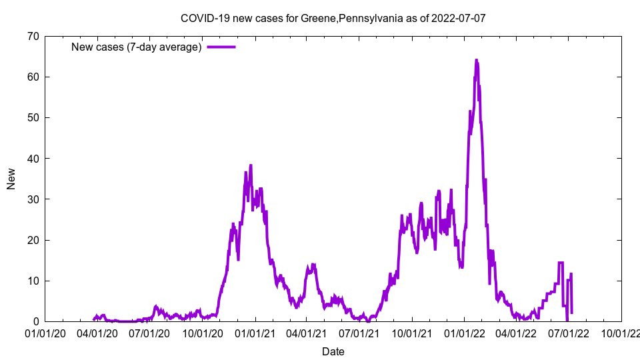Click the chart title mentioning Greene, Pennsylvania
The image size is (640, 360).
pos(333,18)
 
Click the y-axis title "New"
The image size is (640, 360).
pos(11,179)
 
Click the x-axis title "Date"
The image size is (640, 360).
pos(333,351)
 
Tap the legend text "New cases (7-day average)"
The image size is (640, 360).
pos(136,47)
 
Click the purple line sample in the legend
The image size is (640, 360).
pos(221,47)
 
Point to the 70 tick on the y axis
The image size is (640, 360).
pos(33,36)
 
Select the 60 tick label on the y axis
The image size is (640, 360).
pos(33,77)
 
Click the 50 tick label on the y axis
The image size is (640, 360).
pos(33,117)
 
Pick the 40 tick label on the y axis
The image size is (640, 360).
pos(33,158)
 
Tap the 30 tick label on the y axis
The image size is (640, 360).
pos(33,199)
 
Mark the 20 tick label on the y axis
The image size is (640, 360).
pos(33,240)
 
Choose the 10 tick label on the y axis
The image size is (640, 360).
pos(33,281)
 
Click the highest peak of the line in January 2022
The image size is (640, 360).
pos(476,60)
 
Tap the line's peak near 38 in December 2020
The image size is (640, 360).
pos(251,165)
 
